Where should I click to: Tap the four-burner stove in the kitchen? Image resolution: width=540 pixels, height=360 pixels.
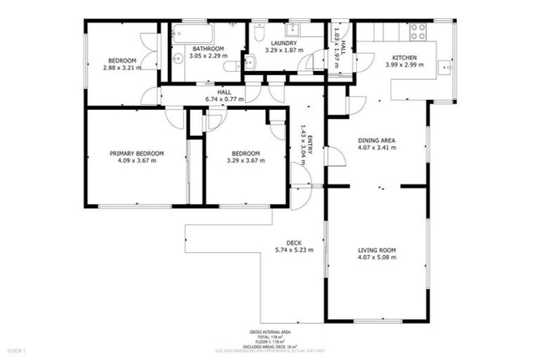tap(418, 31)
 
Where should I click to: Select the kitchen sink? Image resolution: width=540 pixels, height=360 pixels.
tap(444, 67)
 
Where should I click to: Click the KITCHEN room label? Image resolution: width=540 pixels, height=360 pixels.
tap(405, 58)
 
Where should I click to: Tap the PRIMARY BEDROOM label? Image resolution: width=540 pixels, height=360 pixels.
tap(136, 153)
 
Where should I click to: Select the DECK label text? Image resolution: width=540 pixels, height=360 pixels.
tap(294, 243)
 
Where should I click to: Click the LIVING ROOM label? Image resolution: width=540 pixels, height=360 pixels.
tap(377, 250)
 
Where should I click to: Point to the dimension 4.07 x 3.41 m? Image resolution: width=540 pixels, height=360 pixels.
tap(377, 148)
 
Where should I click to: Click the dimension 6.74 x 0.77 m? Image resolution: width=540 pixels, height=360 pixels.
tap(224, 99)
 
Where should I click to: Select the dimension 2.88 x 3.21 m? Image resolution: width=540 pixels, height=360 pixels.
tap(122, 67)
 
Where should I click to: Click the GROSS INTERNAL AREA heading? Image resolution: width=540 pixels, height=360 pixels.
tap(270, 331)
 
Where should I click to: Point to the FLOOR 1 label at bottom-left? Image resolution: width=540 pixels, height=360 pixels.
tap(16, 349)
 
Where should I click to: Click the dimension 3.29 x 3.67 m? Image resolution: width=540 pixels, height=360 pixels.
tap(245, 160)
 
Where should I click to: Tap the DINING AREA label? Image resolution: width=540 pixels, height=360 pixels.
tap(377, 141)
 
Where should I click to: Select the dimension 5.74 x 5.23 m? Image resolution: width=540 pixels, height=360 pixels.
tap(294, 250)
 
